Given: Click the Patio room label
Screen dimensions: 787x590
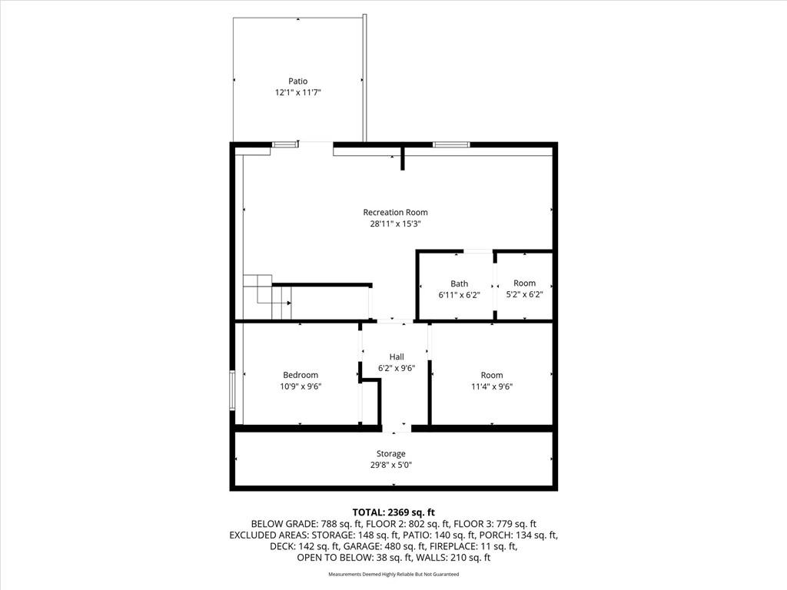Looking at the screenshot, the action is tap(297, 81).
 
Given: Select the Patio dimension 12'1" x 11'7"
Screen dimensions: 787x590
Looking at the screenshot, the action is tap(297, 92).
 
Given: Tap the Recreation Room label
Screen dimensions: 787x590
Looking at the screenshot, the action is tap(396, 212).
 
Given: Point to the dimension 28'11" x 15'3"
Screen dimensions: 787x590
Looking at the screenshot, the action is tap(395, 224).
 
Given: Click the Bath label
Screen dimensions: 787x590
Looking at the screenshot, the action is tap(460, 283).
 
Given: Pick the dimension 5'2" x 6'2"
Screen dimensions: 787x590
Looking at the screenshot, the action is tap(524, 294).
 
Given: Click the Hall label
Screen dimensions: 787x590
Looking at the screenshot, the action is tap(397, 356).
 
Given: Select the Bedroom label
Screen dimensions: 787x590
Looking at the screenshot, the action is tap(301, 375).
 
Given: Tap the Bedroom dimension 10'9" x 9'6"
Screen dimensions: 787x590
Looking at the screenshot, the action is tap(301, 386).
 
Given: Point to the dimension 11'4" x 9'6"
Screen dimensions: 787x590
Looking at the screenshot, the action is tap(492, 386).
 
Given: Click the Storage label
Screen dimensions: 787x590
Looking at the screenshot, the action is tap(391, 453).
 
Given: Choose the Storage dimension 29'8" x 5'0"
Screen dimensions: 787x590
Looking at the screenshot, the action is tap(391, 465).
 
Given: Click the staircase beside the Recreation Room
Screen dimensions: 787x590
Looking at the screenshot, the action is tap(267, 297).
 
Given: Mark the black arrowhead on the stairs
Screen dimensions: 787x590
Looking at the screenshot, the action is tap(289, 303).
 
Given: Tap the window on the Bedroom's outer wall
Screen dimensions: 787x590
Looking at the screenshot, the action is tap(232, 390).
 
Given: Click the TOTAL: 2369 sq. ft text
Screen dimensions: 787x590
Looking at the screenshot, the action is tap(393, 512).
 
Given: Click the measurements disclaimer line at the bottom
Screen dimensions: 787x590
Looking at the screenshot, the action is tap(393, 574).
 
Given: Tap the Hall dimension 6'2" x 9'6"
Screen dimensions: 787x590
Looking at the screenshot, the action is tap(397, 368).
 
